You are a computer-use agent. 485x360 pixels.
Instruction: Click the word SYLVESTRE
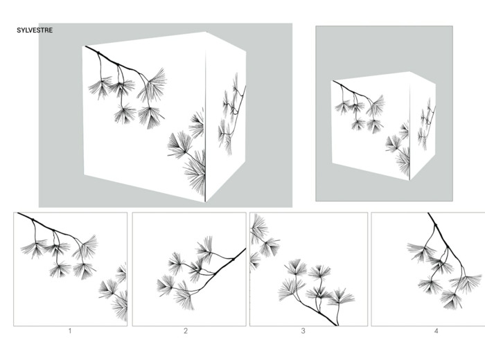click(x=35, y=30)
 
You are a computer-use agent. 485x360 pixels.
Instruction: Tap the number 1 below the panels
click(x=70, y=331)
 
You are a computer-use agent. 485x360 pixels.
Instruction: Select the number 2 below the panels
click(x=186, y=331)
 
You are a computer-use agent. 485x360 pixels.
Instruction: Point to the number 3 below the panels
click(x=303, y=331)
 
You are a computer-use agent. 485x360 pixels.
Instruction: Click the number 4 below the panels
click(x=436, y=331)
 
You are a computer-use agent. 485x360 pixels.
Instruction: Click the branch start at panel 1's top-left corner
click(x=19, y=213)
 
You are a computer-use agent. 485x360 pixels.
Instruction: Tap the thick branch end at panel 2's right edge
click(x=245, y=249)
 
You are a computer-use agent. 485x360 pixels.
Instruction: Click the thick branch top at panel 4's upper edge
click(x=429, y=214)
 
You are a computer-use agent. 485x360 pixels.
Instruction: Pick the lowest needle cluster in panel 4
click(x=452, y=299)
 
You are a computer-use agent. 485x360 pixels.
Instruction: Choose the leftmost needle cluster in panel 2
click(x=166, y=286)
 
